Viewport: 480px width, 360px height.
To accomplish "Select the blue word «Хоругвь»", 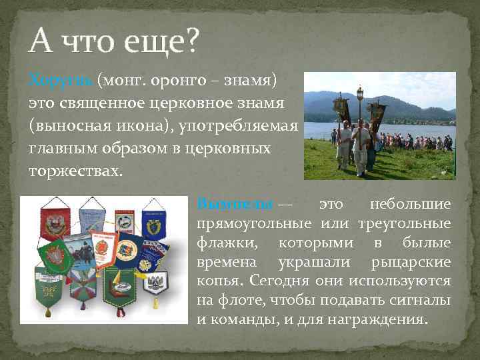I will [60, 81].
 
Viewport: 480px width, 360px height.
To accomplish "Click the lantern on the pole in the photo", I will [360, 93].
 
